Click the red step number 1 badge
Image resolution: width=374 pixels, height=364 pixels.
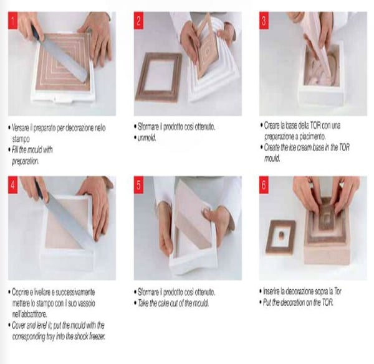(x=13, y=21)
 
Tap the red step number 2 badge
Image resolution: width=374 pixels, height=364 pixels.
(x=138, y=21)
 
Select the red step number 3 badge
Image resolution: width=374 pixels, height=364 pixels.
(x=264, y=21)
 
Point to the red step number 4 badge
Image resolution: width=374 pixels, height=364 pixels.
(x=13, y=185)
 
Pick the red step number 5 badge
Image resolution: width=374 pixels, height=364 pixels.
(x=138, y=185)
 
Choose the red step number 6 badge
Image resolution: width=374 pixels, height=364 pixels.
(x=264, y=185)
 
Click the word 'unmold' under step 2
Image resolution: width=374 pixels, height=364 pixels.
(x=146, y=138)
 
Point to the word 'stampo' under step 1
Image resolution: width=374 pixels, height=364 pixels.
(x=21, y=139)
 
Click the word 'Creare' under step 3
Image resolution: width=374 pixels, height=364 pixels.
(x=271, y=126)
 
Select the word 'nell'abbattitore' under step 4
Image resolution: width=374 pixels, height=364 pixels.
(x=29, y=314)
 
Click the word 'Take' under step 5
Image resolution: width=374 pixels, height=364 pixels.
(x=143, y=303)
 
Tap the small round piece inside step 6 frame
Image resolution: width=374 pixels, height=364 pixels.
(x=282, y=235)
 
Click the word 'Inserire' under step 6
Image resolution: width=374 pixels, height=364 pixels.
(x=271, y=291)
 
